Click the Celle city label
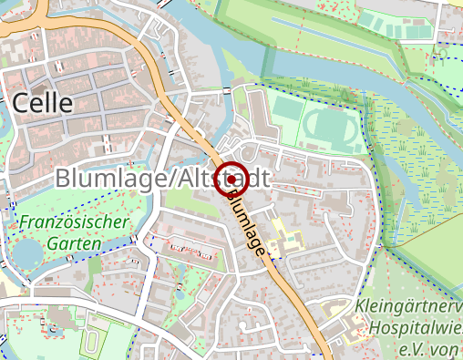[43, 103]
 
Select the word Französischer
[75, 221]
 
